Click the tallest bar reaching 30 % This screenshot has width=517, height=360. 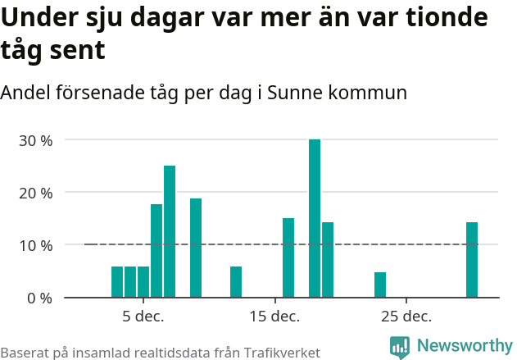[x=315, y=218]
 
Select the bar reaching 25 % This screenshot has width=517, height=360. [x=170, y=231]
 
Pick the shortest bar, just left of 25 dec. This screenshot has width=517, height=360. [x=380, y=285]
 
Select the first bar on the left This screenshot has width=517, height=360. [x=117, y=282]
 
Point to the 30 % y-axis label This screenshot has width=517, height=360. [x=35, y=140]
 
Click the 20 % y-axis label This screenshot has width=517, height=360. [x=35, y=193]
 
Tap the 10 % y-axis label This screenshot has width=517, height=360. [x=35, y=245]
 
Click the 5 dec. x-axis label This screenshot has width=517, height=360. [x=143, y=317]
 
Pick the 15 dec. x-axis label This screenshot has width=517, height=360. [x=274, y=317]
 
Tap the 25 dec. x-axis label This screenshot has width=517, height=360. [x=406, y=317]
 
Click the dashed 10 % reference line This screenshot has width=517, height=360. [x=246, y=244]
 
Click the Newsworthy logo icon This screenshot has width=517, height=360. [x=400, y=347]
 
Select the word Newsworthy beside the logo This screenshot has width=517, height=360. [x=464, y=346]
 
